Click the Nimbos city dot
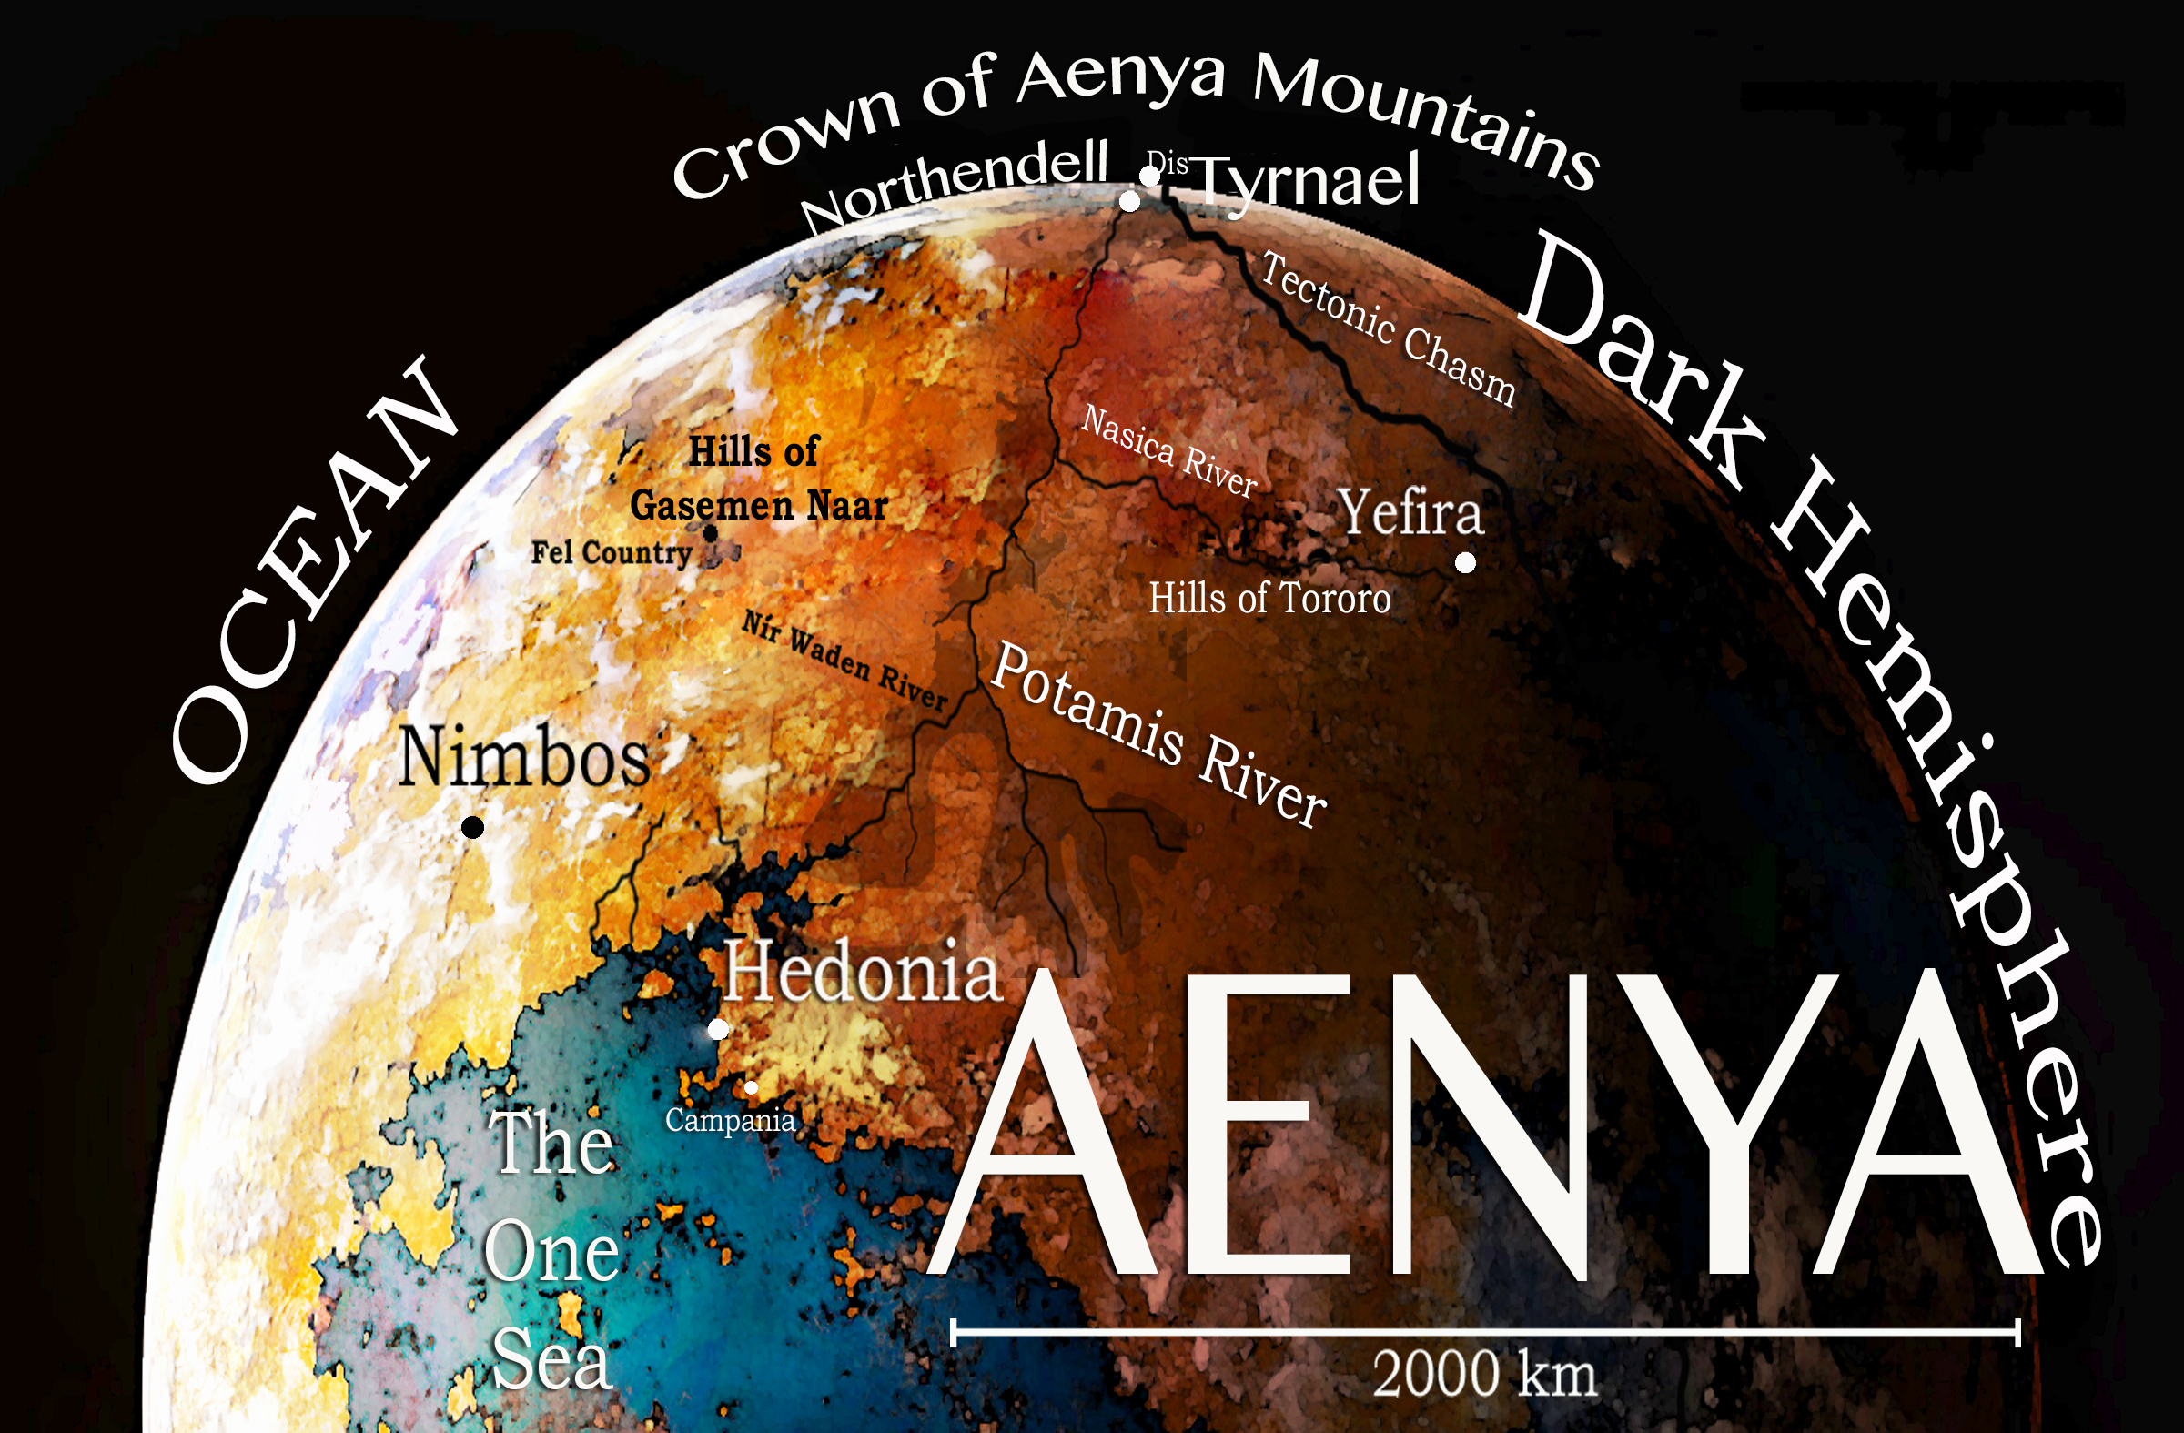pos(472,828)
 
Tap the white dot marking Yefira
pos(1465,562)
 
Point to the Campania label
pos(730,1120)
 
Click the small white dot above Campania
pos(751,1088)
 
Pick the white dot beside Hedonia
pos(719,1029)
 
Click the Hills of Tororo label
pos(1269,598)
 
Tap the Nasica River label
pos(1168,451)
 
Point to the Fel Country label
pos(612,553)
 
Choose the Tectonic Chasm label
pos(1388,328)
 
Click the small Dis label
pos(1168,163)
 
